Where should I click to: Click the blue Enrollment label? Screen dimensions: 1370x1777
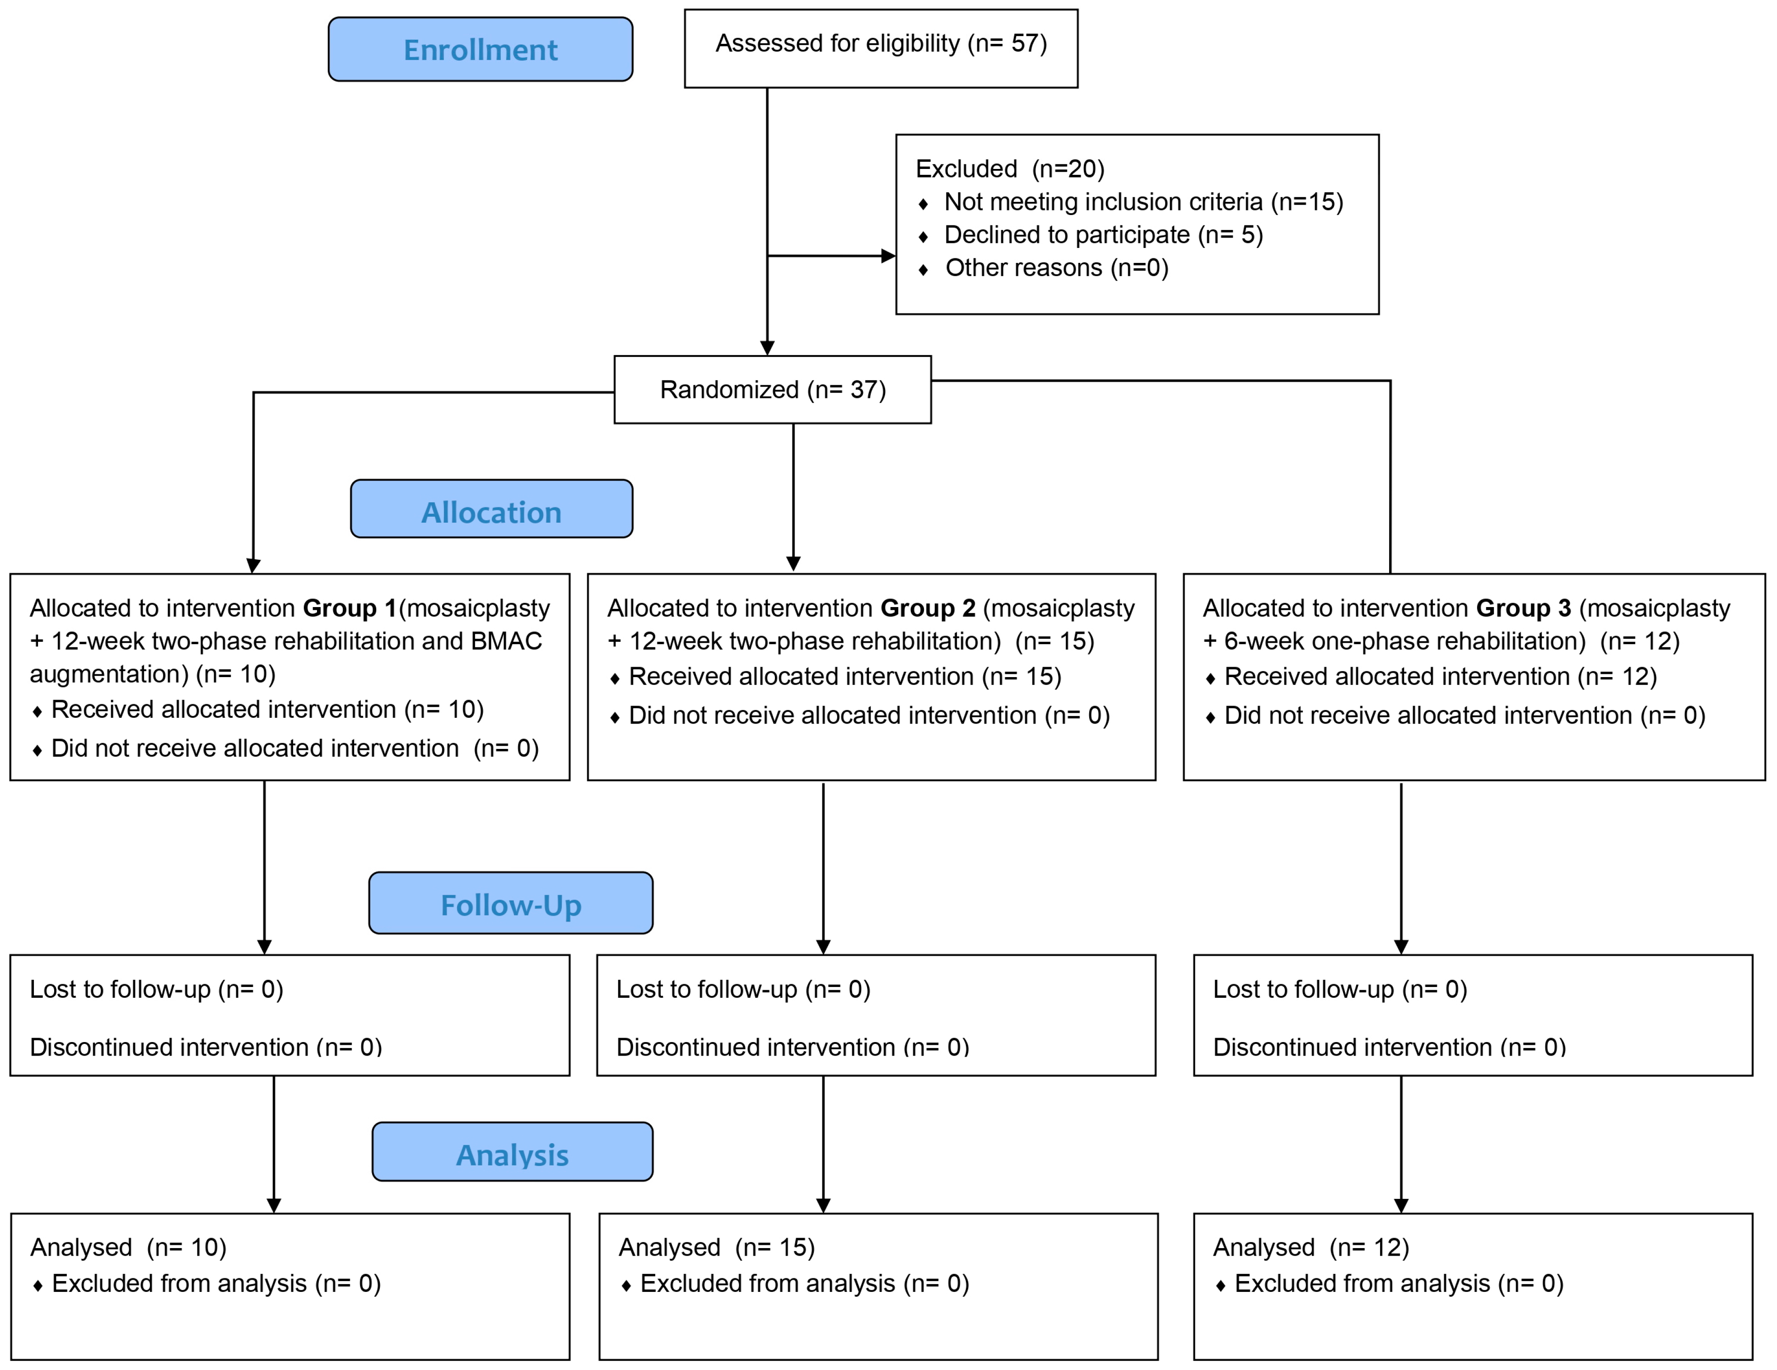(x=480, y=50)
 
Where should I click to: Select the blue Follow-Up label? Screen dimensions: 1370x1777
(x=510, y=904)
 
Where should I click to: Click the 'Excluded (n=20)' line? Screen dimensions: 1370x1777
(x=1010, y=168)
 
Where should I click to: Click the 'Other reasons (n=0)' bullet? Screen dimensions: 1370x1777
(x=1056, y=268)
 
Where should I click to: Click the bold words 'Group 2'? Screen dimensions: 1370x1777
(x=928, y=608)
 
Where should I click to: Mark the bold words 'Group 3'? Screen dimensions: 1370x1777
(x=1523, y=608)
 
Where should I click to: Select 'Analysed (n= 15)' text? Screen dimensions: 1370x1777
(x=716, y=1247)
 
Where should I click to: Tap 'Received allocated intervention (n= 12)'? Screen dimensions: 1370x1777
(x=1440, y=677)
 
